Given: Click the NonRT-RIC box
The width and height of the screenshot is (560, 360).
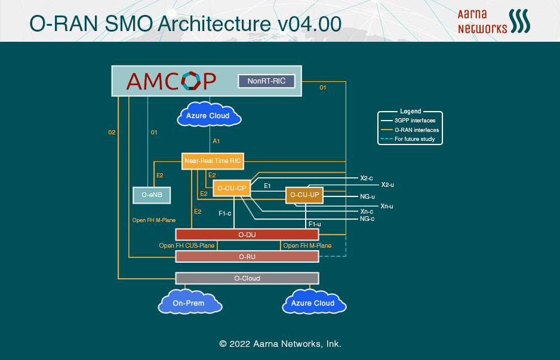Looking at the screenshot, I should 266,81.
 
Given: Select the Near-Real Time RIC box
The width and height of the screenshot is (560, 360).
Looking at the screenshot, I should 213,161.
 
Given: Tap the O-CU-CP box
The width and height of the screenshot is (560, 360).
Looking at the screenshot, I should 232,188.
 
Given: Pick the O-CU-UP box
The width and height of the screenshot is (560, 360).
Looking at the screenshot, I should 304,195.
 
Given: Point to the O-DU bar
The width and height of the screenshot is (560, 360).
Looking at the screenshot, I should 247,235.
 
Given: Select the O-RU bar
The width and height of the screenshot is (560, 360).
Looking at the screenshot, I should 247,257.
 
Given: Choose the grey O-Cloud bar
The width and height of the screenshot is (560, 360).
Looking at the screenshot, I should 247,278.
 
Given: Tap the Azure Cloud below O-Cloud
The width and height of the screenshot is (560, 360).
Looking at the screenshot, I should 313,302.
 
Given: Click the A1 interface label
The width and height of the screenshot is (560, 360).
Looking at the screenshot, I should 217,141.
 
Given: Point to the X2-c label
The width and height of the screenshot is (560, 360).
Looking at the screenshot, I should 367,178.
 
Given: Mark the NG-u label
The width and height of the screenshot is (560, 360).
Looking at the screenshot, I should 367,196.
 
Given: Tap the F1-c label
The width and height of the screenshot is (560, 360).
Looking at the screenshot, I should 224,213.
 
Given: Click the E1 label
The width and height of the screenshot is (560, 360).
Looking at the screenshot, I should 267,186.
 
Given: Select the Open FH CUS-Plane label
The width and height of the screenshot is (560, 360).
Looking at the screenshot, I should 187,245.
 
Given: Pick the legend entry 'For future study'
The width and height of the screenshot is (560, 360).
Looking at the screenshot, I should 414,139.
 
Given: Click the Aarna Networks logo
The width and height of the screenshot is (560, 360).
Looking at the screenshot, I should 494,21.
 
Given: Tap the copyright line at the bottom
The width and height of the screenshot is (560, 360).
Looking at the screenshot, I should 280,344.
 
